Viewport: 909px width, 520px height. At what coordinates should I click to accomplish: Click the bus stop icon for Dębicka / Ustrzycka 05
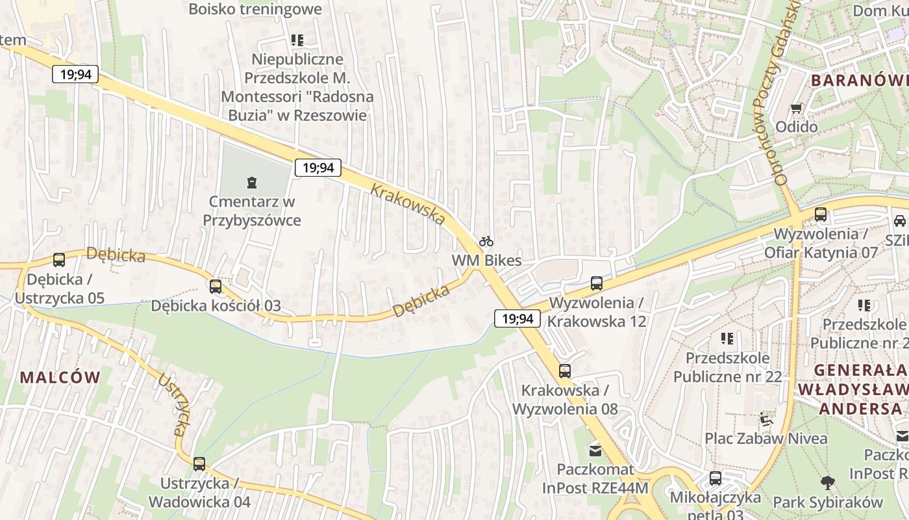59,260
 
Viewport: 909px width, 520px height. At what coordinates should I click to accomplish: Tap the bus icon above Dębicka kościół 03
216,286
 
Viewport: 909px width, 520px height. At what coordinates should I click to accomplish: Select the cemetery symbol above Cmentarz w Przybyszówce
252,183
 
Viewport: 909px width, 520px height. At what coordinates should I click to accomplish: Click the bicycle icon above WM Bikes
486,242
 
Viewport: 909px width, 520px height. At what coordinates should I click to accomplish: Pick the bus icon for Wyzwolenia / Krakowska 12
597,283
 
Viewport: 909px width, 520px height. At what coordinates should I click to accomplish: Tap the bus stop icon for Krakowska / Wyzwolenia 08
565,371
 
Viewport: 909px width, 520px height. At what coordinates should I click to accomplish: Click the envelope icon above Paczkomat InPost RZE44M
595,450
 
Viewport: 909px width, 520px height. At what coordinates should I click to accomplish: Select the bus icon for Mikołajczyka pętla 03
716,478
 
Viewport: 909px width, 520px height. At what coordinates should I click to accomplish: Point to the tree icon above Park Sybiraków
828,483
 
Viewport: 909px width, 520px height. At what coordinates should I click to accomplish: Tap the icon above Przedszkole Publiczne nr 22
727,339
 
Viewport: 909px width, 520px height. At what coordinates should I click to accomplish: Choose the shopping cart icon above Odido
797,108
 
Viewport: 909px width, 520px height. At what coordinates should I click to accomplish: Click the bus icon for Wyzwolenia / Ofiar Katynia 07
821,214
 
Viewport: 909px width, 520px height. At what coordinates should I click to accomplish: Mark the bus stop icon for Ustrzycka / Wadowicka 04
199,464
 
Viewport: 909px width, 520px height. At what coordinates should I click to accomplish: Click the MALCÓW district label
60,377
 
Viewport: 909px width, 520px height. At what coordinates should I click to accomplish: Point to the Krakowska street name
408,204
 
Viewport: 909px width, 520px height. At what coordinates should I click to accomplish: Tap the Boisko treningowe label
255,9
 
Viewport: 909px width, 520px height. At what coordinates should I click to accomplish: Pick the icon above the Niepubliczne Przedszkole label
297,40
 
